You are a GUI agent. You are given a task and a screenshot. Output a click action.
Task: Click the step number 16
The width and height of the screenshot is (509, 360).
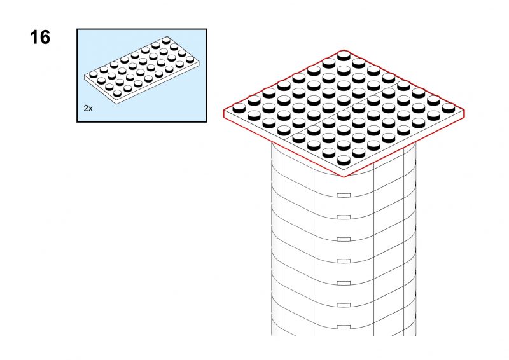click(x=40, y=37)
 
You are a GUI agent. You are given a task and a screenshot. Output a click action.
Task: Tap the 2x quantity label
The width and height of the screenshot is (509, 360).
click(x=88, y=108)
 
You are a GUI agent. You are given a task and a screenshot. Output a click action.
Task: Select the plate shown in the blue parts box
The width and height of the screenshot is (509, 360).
click(x=142, y=71)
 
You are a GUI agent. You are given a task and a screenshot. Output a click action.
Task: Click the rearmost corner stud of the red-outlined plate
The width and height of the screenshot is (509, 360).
click(x=344, y=55)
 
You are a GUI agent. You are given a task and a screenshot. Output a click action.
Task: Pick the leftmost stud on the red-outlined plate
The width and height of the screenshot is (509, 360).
click(x=239, y=107)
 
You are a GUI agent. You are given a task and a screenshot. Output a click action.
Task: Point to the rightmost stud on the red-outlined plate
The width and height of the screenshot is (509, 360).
click(x=449, y=107)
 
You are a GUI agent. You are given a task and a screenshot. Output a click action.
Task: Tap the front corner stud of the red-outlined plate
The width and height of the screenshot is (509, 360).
click(x=344, y=160)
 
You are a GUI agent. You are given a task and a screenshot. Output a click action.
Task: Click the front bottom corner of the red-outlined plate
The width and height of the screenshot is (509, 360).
click(x=344, y=177)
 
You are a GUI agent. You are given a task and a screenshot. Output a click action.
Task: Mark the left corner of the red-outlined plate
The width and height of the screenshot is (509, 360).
click(x=224, y=111)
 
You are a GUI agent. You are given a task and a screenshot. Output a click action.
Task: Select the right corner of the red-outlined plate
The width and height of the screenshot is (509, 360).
click(x=464, y=111)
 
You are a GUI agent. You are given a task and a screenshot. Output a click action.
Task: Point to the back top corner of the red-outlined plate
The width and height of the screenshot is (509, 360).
click(x=344, y=50)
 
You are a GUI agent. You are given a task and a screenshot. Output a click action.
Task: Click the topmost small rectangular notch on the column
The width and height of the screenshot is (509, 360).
click(x=344, y=195)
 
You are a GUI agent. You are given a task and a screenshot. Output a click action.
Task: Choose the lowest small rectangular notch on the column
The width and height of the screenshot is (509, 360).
click(x=344, y=327)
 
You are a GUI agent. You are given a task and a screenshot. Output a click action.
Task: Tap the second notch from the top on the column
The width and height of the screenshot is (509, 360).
click(x=344, y=217)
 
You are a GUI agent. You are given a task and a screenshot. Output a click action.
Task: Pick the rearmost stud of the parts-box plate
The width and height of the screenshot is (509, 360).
click(x=167, y=40)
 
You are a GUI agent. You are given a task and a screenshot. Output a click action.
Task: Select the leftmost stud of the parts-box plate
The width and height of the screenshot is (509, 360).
click(x=94, y=74)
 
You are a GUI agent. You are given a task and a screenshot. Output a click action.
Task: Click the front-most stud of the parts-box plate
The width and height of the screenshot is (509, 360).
click(x=117, y=93)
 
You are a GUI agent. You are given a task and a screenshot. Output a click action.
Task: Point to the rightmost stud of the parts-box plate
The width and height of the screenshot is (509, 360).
click(x=190, y=59)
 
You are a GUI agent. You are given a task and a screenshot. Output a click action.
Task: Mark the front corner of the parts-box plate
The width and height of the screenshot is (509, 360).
click(x=116, y=104)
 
